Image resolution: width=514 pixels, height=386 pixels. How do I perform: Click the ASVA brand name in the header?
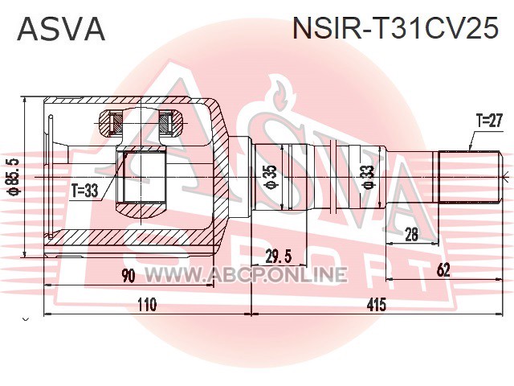click(x=61, y=30)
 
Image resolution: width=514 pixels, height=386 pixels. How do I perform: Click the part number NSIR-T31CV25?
click(x=395, y=30)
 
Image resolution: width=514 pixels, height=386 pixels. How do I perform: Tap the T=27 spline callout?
click(x=488, y=120)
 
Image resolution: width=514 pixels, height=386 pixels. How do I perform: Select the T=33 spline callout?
click(x=84, y=191)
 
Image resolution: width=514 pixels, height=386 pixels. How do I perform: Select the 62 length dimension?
click(x=443, y=270)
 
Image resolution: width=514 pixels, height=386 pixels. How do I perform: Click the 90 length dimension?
click(x=128, y=277)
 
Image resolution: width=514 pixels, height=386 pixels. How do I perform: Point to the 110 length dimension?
click(x=145, y=306)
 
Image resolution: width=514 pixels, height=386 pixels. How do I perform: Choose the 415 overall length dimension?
click(x=376, y=306)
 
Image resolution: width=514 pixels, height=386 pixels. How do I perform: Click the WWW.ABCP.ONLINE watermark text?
click(x=245, y=274)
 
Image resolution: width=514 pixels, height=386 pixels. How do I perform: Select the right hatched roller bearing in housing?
click(x=168, y=123)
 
